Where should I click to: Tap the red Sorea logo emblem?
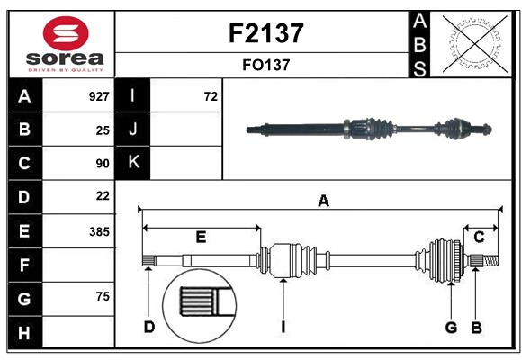coord(66,33)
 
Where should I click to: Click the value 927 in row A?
coord(99,95)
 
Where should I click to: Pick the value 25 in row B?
coord(103,130)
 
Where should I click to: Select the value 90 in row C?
coord(103,164)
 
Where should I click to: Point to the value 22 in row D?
coord(103,195)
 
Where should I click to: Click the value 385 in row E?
coord(99,231)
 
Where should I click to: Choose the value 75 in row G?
coord(103,297)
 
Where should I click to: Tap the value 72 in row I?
coord(211,95)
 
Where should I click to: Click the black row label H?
coord(24,334)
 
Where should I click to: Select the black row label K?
coord(133,163)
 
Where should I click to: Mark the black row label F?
coord(24,265)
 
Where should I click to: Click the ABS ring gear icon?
coord(474,43)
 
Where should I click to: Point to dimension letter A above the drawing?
coord(323,201)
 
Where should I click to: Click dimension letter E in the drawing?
coord(201,237)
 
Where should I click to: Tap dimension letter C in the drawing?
coord(479,237)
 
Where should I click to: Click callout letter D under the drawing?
coord(148,327)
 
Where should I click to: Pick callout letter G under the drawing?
coord(451,327)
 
